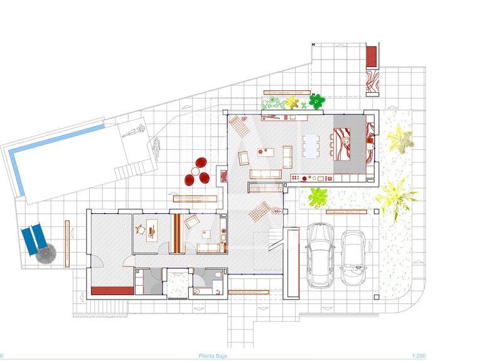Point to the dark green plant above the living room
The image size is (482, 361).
tap(319, 99)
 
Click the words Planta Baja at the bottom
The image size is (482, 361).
tap(213, 356)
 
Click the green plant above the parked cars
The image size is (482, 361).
tap(318, 197)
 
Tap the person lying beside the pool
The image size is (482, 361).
tap(134, 132)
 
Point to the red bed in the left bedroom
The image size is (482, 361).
tap(112, 290)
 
